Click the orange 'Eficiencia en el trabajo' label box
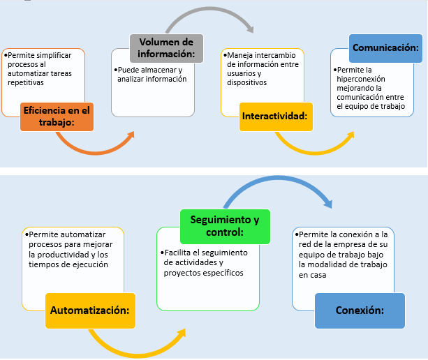coord(57,115)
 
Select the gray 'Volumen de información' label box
coord(165,48)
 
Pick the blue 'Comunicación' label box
coord(385,48)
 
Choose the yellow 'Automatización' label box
coord(90,309)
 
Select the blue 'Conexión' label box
coord(359,310)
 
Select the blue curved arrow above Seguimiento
coord(279,183)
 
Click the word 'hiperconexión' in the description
coord(360,80)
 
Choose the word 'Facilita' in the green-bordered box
coord(177,252)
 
